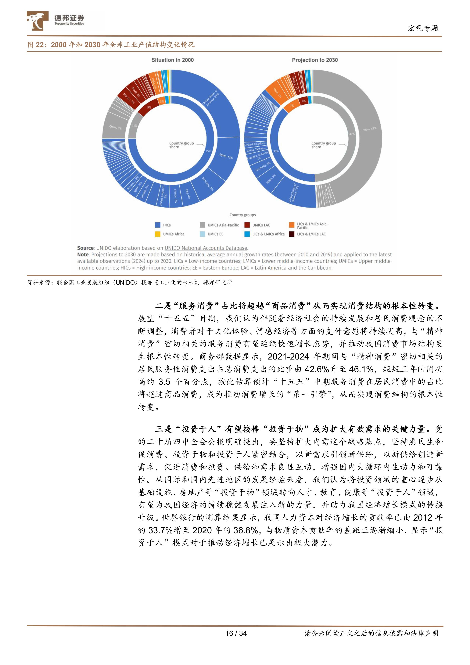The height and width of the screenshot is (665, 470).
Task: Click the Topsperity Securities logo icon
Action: pyautogui.click(x=37, y=21)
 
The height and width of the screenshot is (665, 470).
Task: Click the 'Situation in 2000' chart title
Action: pyautogui.click(x=172, y=60)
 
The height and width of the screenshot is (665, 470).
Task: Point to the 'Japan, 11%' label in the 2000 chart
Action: pyautogui.click(x=226, y=156)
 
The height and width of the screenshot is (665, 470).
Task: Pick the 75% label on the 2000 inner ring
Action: pyautogui.click(x=208, y=151)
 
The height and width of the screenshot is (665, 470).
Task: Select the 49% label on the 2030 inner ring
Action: pyautogui.click(x=352, y=134)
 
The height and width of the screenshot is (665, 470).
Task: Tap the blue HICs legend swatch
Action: pyautogui.click(x=158, y=225)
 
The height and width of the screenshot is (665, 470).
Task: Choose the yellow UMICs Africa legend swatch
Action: pyautogui.click(x=158, y=234)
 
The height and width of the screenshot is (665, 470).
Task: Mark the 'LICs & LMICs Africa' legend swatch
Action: pyautogui.click(x=247, y=234)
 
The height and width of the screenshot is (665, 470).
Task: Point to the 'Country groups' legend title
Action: pyautogui.click(x=242, y=215)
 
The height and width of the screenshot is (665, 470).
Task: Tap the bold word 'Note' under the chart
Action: pyautogui.click(x=83, y=255)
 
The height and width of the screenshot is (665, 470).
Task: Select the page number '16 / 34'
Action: pyautogui.click(x=236, y=633)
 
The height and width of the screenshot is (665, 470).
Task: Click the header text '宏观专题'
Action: pyautogui.click(x=423, y=28)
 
